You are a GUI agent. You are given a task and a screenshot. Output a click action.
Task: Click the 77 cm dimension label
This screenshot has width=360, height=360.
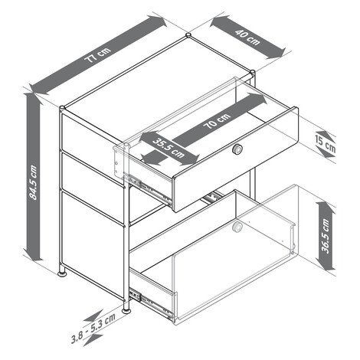(x=98, y=55)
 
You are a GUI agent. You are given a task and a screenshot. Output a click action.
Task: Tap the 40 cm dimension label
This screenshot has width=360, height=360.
(x=247, y=37)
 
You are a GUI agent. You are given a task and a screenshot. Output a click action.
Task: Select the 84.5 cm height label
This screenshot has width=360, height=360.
(x=33, y=182)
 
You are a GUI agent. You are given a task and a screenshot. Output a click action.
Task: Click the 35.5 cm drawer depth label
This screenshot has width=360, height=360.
(x=169, y=147)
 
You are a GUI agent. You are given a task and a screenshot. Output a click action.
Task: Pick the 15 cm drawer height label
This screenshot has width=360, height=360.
(x=325, y=145)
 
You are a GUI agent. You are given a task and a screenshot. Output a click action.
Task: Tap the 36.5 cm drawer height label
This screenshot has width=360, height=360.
(x=326, y=235)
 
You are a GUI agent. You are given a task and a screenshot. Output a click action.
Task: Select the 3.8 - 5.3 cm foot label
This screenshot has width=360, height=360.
(x=93, y=328)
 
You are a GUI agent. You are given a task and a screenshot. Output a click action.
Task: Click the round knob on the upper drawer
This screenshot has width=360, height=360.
(x=237, y=149)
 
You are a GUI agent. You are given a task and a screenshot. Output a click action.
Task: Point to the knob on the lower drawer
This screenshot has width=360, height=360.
(x=237, y=227)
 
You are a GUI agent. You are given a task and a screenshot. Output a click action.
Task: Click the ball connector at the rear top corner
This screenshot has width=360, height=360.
(x=188, y=34)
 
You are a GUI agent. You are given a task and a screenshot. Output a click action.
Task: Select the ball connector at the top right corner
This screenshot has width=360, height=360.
(x=252, y=72)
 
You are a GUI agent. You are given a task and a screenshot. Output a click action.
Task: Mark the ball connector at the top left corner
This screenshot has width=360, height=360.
(x=62, y=108)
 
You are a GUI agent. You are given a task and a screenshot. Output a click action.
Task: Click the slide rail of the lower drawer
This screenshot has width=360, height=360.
(x=151, y=303)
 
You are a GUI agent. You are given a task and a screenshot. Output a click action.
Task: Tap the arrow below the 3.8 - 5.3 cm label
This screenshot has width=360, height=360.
(x=93, y=340)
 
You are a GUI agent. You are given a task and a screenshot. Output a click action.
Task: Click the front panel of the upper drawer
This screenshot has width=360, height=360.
(x=235, y=159)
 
